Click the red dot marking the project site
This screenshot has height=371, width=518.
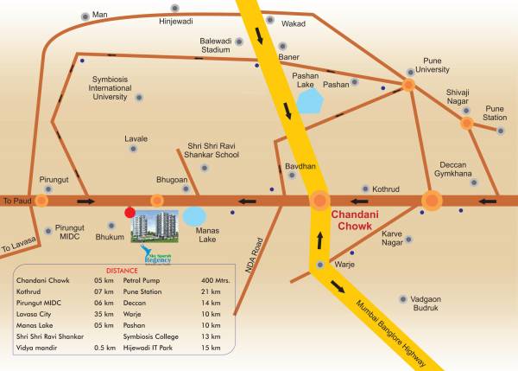[x=129, y=211]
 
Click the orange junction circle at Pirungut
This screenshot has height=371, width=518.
[x=41, y=200]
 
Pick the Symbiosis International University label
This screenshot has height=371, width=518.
[x=104, y=88]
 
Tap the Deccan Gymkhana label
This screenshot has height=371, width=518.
[x=457, y=169]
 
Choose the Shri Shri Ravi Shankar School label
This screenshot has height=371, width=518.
[x=225, y=151]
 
